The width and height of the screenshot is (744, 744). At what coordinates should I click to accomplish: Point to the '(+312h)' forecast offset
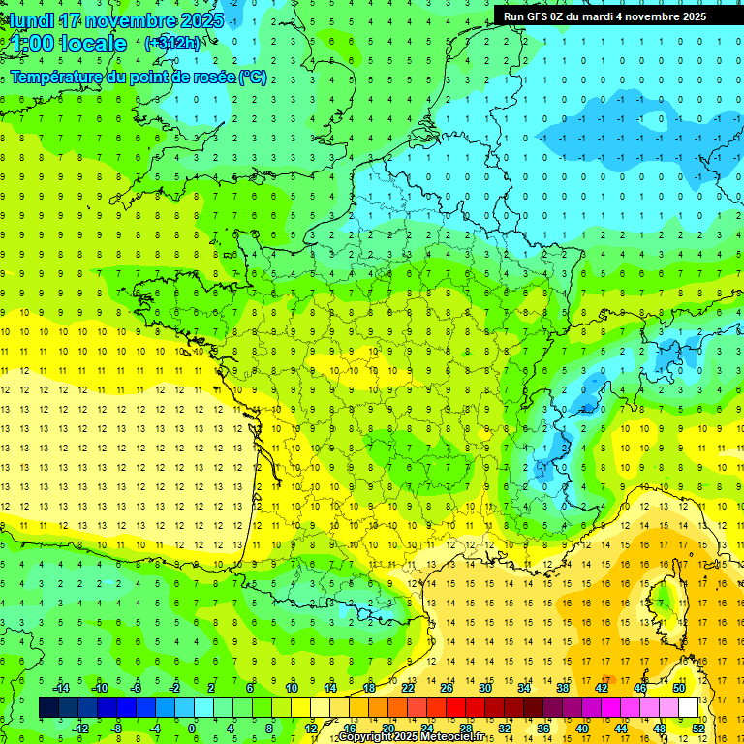coord(172,44)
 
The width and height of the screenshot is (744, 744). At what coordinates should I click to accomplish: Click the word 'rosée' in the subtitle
coord(207,77)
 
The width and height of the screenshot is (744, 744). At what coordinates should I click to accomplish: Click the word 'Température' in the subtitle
coord(58,77)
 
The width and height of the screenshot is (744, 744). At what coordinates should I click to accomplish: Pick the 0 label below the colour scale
coord(191,728)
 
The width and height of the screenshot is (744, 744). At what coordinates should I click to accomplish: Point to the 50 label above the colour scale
coord(678,688)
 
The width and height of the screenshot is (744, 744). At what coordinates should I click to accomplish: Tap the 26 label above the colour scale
coord(446,688)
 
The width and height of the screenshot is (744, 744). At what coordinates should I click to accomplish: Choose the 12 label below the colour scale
coord(310,728)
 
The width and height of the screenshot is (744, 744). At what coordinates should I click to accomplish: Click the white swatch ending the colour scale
coord(688,708)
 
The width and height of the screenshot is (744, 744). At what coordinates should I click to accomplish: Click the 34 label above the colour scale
coord(523,688)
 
